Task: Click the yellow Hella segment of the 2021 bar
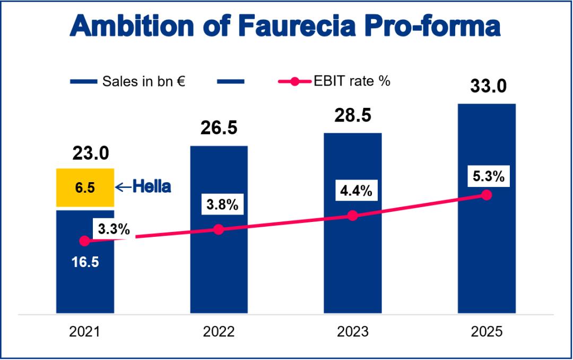(85, 187)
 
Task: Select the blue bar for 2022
(219, 271)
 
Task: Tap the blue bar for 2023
(352, 265)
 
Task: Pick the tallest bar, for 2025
(487, 255)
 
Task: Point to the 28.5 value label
(353, 116)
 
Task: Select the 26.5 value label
(219, 128)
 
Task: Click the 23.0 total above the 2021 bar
(90, 154)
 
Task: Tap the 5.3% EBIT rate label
(486, 176)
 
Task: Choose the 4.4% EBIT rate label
(352, 191)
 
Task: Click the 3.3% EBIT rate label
(112, 230)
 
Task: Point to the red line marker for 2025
(487, 195)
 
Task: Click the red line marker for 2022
(218, 229)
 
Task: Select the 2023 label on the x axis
(352, 332)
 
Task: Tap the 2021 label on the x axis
(84, 332)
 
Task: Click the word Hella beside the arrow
(152, 187)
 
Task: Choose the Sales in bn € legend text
(143, 81)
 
